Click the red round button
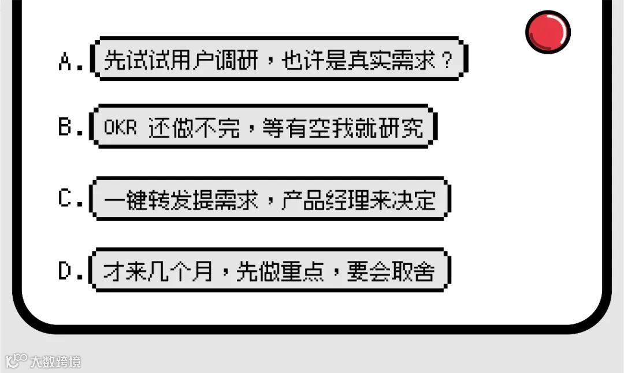click(x=548, y=31)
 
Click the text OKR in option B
click(x=120, y=128)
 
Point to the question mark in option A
click(x=446, y=59)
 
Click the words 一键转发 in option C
click(x=148, y=199)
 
